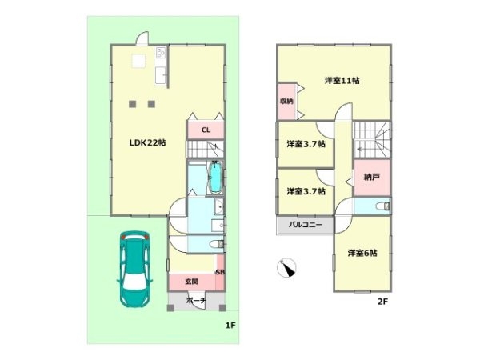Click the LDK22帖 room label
tap(147, 142)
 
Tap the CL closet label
tap(206, 130)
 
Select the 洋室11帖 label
tap(342, 81)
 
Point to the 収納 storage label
tap(286, 102)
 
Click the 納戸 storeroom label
tap(372, 177)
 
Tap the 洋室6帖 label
tap(362, 253)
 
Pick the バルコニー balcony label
tap(306, 225)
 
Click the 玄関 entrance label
tap(192, 282)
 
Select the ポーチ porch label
tap(196, 300)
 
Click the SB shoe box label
tap(220, 272)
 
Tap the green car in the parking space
tap(134, 269)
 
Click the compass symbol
tap(286, 268)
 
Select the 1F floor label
tap(230, 326)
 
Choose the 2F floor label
tap(382, 302)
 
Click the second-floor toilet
tap(383, 206)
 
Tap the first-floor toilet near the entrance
tap(218, 245)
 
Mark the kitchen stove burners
tap(161, 53)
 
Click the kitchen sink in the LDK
tap(161, 75)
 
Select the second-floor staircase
tap(372, 140)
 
